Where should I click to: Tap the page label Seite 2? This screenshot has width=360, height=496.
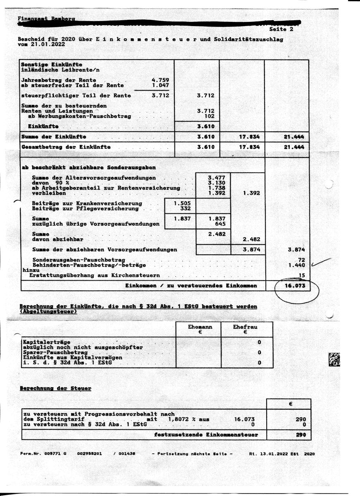tap(281, 29)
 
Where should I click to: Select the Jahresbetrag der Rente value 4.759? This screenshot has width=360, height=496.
tap(160, 80)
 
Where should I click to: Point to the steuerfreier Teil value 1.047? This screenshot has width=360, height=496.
tap(160, 85)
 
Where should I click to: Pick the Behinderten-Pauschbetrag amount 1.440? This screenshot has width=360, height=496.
tap(296, 265)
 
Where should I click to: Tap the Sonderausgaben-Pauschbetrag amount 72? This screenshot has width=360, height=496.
tap(301, 259)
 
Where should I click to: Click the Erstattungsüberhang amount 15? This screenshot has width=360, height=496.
tap(301, 275)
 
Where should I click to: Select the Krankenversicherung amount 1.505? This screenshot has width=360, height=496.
tap(182, 203)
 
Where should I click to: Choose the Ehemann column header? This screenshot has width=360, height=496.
tap(200, 327)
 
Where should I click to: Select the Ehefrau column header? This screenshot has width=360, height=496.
tap(245, 327)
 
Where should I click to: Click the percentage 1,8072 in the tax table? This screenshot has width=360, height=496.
tap(178, 419)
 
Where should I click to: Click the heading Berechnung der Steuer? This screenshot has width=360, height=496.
tap(55, 389)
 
